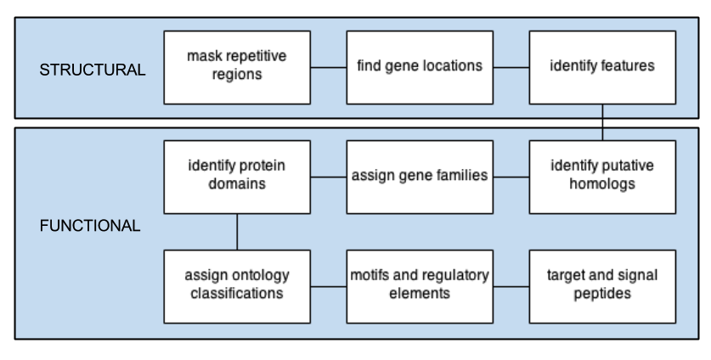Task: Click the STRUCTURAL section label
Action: [x=93, y=70]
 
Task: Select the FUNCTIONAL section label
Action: [x=90, y=226]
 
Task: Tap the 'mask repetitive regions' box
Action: [x=237, y=68]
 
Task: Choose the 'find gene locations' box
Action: [x=420, y=68]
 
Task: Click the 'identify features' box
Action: [x=602, y=68]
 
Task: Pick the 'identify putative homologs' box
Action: [x=602, y=177]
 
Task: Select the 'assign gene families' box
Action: [x=420, y=177]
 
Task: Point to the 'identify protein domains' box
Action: [x=237, y=177]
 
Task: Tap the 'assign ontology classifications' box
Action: [x=237, y=286]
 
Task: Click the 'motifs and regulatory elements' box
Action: [x=420, y=286]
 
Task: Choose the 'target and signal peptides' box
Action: [x=602, y=286]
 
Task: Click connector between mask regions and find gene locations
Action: [x=329, y=68]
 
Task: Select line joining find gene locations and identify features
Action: [x=511, y=68]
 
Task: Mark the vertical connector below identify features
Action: [x=602, y=122]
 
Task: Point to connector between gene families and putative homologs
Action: [x=511, y=177]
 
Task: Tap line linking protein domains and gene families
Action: [x=329, y=177]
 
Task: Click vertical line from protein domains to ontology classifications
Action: [x=237, y=232]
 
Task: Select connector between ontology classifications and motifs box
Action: [x=329, y=286]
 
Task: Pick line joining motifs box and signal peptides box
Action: [x=511, y=286]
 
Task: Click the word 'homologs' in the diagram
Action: [x=602, y=184]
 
